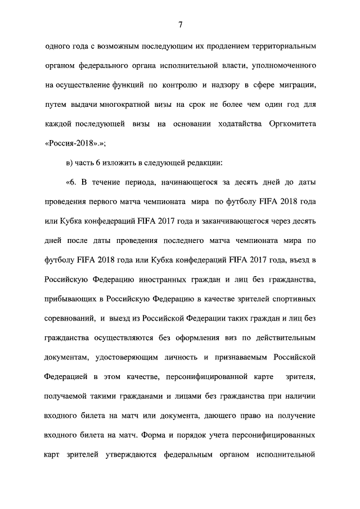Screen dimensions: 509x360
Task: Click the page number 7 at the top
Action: point(180,24)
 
